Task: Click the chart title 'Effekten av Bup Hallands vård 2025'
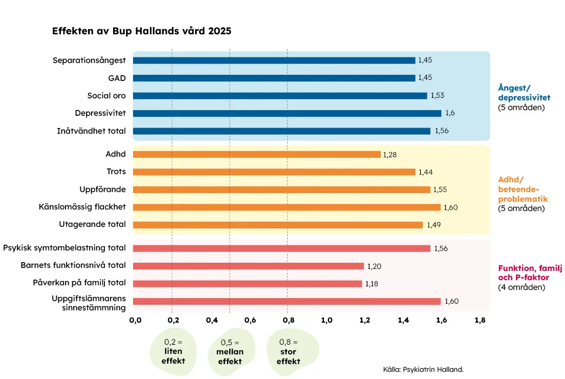[x=142, y=31]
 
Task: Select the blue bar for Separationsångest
[x=274, y=60]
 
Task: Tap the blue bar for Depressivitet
[x=287, y=113]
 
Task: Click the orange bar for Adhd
[x=256, y=154]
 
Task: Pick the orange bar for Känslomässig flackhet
[x=287, y=207]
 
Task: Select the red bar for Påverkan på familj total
[x=248, y=284]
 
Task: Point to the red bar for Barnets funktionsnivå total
[x=248, y=266]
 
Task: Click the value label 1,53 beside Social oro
[x=438, y=96]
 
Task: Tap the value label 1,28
[x=390, y=155]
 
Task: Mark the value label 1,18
[x=372, y=284]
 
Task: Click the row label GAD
[x=117, y=78]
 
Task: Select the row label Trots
[x=116, y=171]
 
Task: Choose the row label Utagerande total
[x=92, y=224]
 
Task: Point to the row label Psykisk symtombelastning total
[x=64, y=248]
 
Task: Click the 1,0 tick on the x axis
[x=327, y=320]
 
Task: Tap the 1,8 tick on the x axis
[x=480, y=320]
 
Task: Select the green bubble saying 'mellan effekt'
[x=231, y=352]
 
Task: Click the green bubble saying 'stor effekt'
[x=292, y=352]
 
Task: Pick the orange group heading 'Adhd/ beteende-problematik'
[x=523, y=189]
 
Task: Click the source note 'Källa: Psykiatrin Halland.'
[x=423, y=370]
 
